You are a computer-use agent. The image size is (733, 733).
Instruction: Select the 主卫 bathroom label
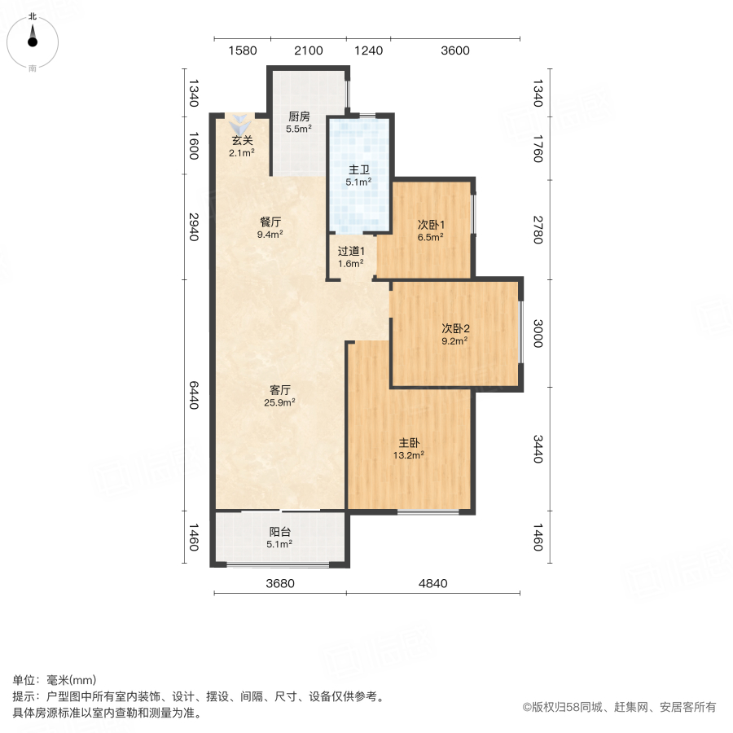click(359, 170)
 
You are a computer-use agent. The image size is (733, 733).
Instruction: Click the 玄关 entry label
click(242, 140)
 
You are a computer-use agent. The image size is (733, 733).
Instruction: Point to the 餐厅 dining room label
click(270, 222)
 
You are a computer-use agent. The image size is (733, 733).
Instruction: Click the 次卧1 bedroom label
click(431, 225)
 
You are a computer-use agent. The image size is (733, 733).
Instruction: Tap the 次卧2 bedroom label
click(456, 328)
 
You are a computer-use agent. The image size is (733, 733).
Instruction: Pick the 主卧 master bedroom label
click(409, 443)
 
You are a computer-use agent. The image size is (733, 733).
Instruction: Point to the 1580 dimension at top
click(243, 50)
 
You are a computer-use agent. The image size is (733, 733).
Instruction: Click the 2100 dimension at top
click(309, 50)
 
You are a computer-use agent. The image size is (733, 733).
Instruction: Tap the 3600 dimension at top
click(455, 50)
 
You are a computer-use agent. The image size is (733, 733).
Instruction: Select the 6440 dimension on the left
click(194, 394)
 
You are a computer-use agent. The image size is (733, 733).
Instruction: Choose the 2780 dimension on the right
click(538, 230)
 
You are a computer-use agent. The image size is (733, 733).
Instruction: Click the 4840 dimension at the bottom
click(432, 583)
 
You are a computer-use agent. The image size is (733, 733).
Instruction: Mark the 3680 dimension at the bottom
click(279, 583)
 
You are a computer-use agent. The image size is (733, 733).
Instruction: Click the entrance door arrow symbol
click(240, 125)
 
